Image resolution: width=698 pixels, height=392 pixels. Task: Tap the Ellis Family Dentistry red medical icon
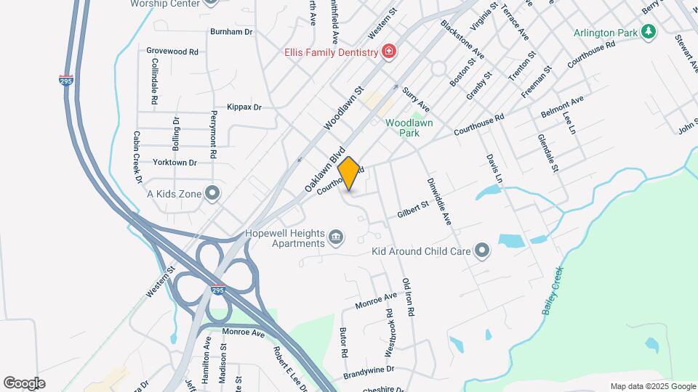pyautogui.click(x=390, y=52)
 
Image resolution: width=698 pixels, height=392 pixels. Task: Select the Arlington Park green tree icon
pyautogui.click(x=648, y=33)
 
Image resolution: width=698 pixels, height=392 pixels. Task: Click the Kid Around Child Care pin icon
pyautogui.click(x=482, y=251)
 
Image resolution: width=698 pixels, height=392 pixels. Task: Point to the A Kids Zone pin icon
pyautogui.click(x=212, y=193)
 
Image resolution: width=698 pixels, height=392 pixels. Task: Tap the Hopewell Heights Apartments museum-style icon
pyautogui.click(x=337, y=236)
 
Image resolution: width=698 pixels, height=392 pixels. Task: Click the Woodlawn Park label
pyautogui.click(x=409, y=128)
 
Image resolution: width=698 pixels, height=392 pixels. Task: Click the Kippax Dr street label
pyautogui.click(x=244, y=107)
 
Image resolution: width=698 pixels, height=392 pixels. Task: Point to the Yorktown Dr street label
pyautogui.click(x=175, y=163)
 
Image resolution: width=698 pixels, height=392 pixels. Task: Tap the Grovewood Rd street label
pyautogui.click(x=172, y=52)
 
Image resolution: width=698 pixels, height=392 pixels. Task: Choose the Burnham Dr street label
pyautogui.click(x=230, y=32)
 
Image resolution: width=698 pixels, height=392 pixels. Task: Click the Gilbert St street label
pyautogui.click(x=414, y=211)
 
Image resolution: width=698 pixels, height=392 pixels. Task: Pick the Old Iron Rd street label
pyautogui.click(x=408, y=296)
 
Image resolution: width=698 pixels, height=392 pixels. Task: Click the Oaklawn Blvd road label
pyautogui.click(x=324, y=173)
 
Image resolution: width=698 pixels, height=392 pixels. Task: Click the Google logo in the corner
pyautogui.click(x=24, y=383)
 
